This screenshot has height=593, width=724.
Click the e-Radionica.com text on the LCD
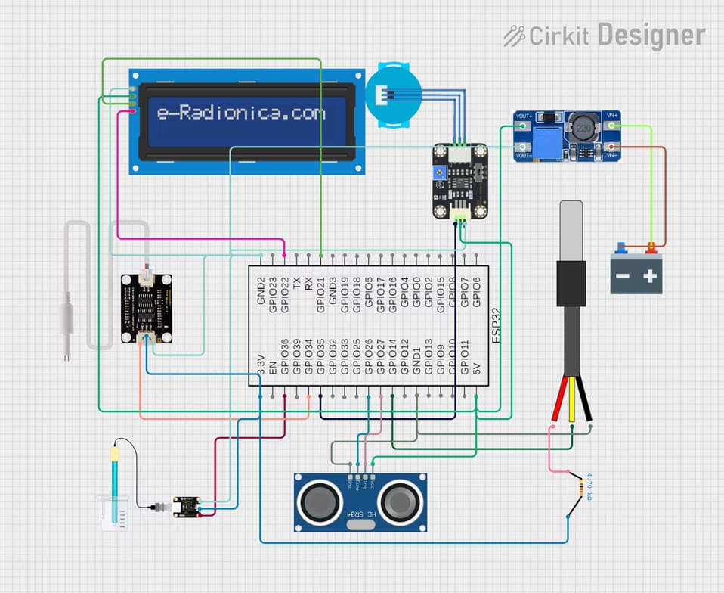[241, 113]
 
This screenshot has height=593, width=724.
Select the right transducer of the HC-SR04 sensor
[401, 500]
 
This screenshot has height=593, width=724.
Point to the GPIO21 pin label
[321, 294]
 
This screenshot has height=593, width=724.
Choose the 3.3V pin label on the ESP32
[260, 366]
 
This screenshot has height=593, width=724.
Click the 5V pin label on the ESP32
[477, 369]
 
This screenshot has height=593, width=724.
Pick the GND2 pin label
[261, 290]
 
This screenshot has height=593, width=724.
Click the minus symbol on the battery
[623, 277]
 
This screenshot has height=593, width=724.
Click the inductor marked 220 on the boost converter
[583, 129]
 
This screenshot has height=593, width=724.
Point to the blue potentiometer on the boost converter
[546, 140]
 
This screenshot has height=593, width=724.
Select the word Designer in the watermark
[651, 35]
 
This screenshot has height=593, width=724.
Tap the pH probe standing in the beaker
[115, 484]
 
